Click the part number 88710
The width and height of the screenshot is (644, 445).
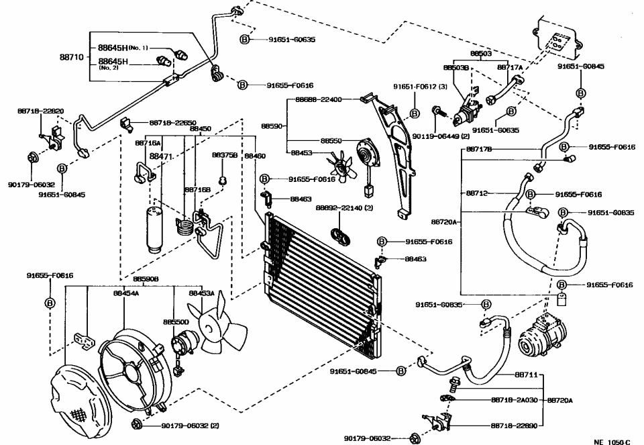[x=70, y=58]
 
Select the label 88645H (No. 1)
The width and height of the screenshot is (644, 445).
[x=123, y=48]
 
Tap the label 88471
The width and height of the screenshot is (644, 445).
[x=161, y=156]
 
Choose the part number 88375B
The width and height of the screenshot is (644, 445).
[x=225, y=154]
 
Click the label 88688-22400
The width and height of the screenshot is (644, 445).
[x=319, y=99]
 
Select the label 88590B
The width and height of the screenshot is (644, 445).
[x=146, y=279]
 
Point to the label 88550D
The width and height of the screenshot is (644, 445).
[x=176, y=322]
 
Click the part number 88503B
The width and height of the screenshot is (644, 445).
[x=455, y=67]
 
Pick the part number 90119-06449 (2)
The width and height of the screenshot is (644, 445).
[x=441, y=136]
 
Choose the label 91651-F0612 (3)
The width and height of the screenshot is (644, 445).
[x=420, y=87]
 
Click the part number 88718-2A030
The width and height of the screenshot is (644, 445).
[x=515, y=399]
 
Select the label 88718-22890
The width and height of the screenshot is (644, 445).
[x=515, y=425]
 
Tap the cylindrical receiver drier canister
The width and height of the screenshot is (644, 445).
[x=152, y=228]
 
